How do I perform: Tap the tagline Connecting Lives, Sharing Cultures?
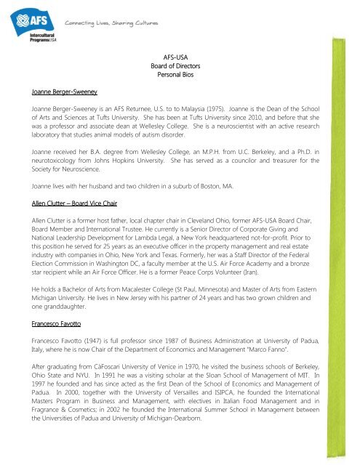click(111, 23)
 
